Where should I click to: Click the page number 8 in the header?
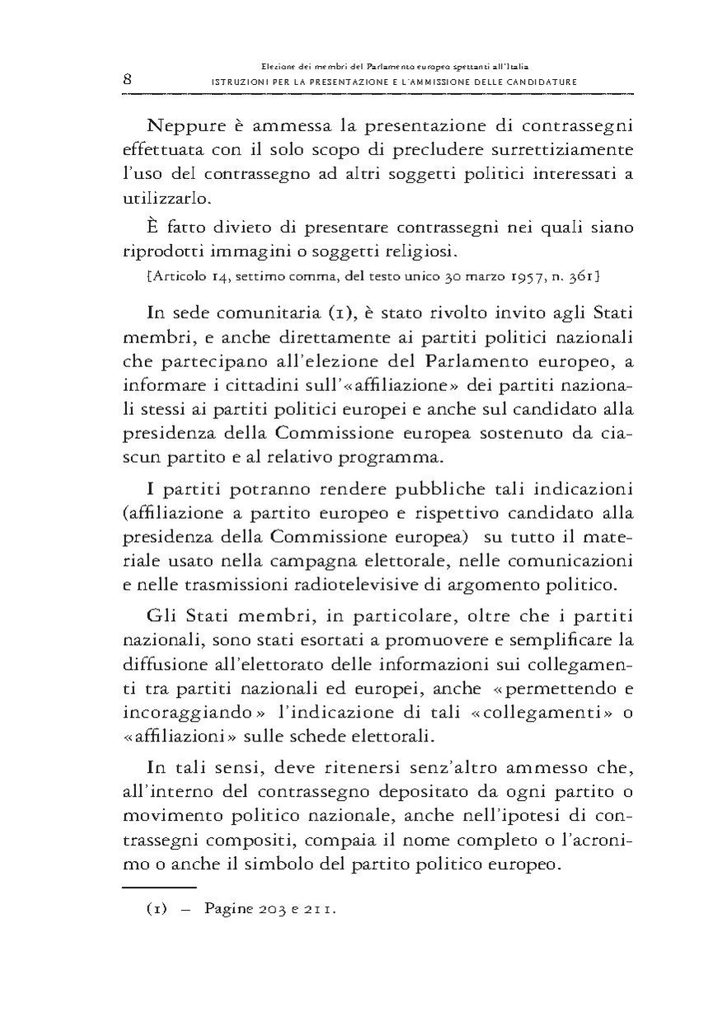click(x=128, y=79)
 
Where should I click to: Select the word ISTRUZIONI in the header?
click(x=238, y=82)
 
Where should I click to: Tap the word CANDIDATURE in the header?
click(x=542, y=82)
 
